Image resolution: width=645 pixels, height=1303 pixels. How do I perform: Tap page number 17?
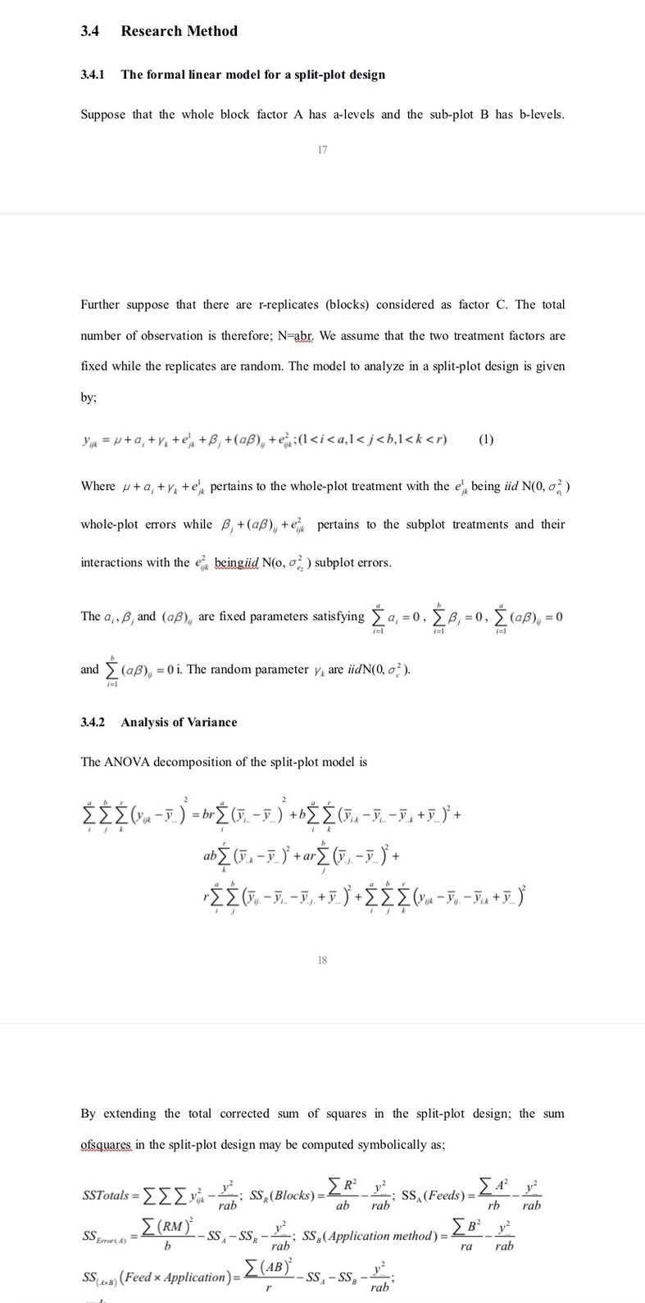[x=322, y=149]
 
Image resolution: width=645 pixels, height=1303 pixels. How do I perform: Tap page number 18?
[x=322, y=960]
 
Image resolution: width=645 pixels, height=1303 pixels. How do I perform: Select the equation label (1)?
[x=485, y=438]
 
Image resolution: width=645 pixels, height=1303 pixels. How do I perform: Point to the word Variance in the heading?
[x=211, y=722]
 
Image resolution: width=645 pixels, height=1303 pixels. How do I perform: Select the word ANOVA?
[x=128, y=761]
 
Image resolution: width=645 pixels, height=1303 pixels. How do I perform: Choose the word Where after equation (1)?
[x=98, y=486]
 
